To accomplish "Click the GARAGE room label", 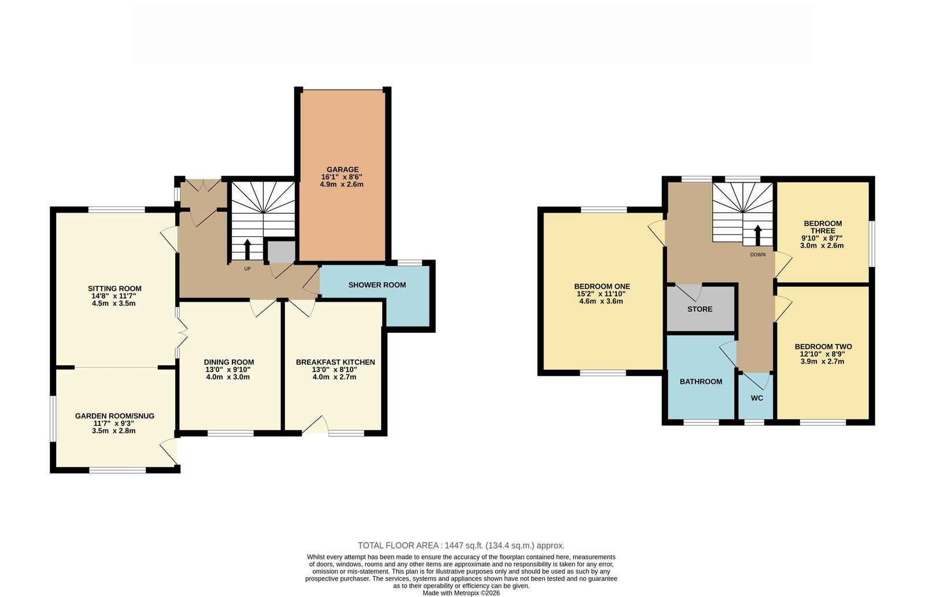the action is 342,169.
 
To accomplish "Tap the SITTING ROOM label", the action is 114,288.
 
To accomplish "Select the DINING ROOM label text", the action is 228,362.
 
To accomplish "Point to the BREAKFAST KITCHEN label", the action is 335,362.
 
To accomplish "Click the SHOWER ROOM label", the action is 377,285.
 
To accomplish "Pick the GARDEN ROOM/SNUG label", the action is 114,416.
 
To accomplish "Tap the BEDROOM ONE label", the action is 602,287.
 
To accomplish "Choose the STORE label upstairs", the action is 700,309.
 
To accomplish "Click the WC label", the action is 757,398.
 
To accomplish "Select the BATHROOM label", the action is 701,381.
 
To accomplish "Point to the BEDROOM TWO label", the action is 823,347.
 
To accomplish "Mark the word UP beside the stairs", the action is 247,269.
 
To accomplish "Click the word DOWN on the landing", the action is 758,255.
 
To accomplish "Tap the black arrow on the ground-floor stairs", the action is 247,249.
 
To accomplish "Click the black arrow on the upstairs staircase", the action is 758,235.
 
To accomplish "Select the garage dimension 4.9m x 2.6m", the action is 342,184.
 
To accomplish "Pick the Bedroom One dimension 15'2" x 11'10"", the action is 601,294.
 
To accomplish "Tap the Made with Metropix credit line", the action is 461,594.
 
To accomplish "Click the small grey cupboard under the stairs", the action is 281,252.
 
